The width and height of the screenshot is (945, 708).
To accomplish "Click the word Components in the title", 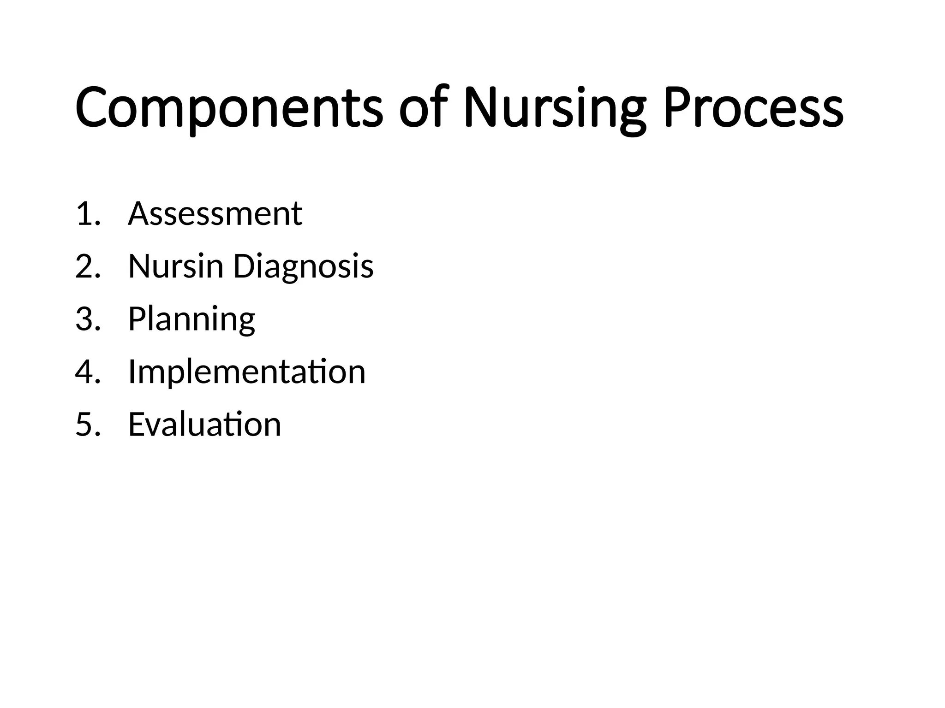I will click(229, 109).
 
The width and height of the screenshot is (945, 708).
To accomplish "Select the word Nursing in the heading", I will click(554, 109).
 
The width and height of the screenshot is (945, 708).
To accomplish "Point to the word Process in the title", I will click(753, 108).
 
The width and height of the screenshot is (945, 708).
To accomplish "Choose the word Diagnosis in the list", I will click(303, 267).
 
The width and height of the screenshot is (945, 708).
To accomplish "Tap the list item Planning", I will click(191, 319).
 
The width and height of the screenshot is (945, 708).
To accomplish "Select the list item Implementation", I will click(247, 372).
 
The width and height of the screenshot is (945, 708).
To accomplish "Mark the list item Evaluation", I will click(204, 424).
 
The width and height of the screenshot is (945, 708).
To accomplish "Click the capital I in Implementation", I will click(132, 372).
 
